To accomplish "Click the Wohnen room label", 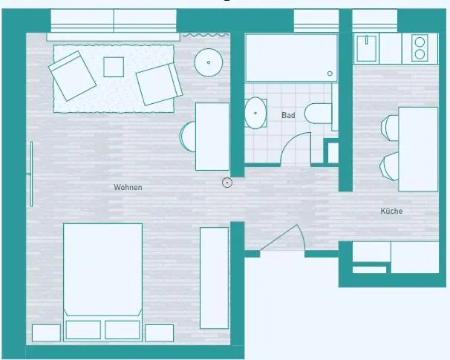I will [128, 188].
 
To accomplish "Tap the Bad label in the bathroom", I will [288, 116].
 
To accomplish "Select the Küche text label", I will [391, 212].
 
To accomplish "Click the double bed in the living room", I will [102, 271].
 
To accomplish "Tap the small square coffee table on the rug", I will [114, 67].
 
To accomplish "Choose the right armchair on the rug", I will [159, 83].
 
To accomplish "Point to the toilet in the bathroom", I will [320, 116].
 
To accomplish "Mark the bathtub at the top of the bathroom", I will [291, 58].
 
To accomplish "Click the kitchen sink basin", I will [366, 49].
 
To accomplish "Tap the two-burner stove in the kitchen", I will [419, 48].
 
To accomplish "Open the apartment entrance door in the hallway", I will [282, 241].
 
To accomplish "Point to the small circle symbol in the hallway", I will [227, 182].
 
